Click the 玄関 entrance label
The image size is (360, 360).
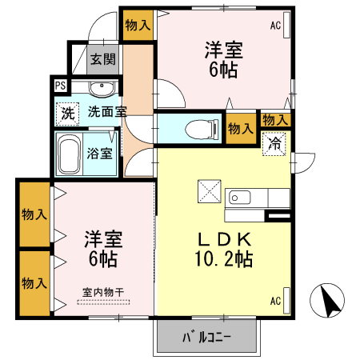click(x=102, y=58)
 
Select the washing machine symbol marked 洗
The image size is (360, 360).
click(x=67, y=114)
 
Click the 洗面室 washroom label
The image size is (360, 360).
click(x=107, y=112)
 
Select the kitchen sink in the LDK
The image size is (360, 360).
click(x=241, y=198)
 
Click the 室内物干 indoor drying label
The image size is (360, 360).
click(x=103, y=293)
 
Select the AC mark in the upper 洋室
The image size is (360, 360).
click(x=275, y=26)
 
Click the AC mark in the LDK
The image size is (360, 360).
click(x=275, y=301)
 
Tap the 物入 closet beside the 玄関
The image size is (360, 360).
click(x=138, y=25)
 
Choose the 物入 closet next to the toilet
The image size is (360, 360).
click(x=240, y=128)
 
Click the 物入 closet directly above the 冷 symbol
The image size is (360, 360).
click(x=275, y=120)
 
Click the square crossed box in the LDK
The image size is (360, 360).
click(x=208, y=192)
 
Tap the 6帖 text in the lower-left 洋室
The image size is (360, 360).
click(x=102, y=259)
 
